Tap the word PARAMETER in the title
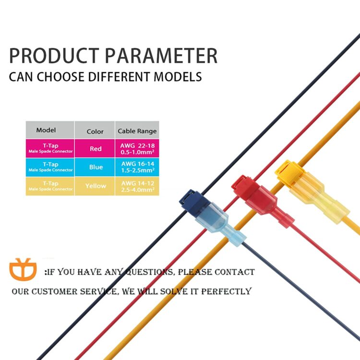coord(162,56)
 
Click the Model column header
coord(46,130)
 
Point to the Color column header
coord(95,131)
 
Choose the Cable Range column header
coord(137,131)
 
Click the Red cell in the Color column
coord(96,149)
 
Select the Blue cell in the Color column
coord(96,167)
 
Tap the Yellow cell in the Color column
coord(96,186)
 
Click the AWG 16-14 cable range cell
coord(137,167)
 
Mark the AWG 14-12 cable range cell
coord(137,186)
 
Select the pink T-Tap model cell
coord(50,148)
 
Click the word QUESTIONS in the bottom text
coord(150,272)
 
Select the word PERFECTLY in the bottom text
coord(226,291)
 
